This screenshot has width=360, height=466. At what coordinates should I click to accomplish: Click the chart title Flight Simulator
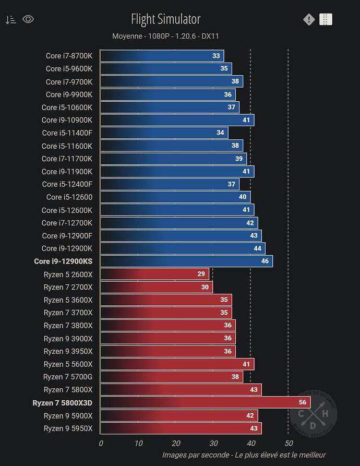tap(165, 19)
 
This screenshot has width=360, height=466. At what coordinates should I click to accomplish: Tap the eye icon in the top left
tap(28, 19)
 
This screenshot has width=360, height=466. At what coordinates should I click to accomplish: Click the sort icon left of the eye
tap(10, 20)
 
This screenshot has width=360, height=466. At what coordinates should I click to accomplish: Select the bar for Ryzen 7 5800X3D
tap(205, 402)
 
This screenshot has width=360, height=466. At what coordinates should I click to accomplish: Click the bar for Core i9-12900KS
tap(186, 261)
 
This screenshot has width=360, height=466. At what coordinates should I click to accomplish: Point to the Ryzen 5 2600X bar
tap(154, 274)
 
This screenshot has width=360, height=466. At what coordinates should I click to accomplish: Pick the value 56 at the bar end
tap(303, 402)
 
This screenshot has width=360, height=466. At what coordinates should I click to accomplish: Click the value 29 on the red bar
tap(201, 274)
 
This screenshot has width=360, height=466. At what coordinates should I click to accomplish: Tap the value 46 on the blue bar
tap(265, 261)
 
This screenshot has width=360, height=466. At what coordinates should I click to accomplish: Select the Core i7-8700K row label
tap(69, 55)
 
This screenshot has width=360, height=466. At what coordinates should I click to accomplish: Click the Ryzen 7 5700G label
tap(68, 377)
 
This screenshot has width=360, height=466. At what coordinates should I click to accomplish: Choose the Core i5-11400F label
tap(67, 133)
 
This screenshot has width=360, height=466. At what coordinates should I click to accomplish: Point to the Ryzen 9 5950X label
tap(68, 428)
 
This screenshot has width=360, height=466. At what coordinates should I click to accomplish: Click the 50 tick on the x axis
tap(288, 443)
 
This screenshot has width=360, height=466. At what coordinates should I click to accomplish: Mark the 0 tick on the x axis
tap(101, 443)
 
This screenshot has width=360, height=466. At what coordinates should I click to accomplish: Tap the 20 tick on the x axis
tap(176, 443)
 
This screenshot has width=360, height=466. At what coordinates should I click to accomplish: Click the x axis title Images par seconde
tap(244, 455)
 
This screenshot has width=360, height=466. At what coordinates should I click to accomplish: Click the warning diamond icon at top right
tap(309, 19)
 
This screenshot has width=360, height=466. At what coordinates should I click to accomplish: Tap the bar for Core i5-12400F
tap(170, 184)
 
